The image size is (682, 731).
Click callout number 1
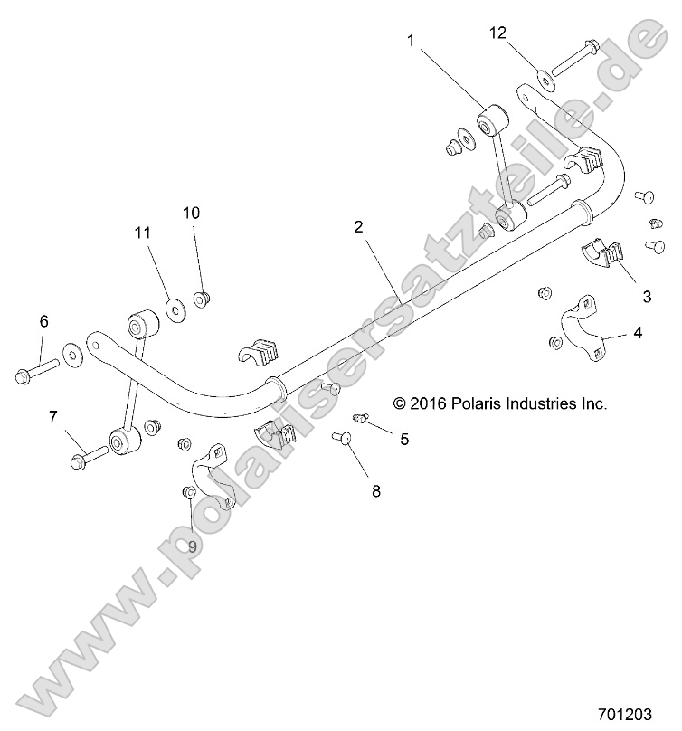tap(411, 40)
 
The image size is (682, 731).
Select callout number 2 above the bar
tap(359, 227)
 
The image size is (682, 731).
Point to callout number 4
tap(637, 333)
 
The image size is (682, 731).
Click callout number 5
tap(404, 439)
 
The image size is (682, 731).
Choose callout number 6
tap(43, 321)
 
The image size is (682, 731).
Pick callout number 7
tap(53, 417)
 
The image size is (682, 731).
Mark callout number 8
tap(376, 491)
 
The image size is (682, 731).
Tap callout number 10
tap(192, 213)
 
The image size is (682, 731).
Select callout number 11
tap(142, 233)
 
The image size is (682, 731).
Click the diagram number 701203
tap(624, 713)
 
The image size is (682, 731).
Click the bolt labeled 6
tap(37, 370)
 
